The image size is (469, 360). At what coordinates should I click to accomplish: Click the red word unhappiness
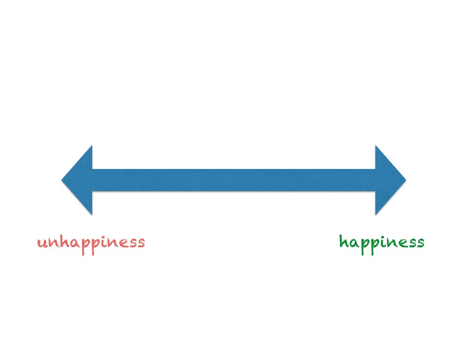[x=91, y=243]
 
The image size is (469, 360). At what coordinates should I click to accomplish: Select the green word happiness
[x=382, y=242]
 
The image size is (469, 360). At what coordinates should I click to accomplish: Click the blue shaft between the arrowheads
[x=234, y=180]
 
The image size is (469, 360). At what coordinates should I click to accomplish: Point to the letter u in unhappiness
[x=42, y=243]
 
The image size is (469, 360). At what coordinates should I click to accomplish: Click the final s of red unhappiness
[x=141, y=243]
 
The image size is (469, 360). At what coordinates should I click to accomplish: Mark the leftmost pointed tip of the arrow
[x=62, y=180]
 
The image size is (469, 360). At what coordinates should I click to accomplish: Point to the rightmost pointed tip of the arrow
[x=406, y=180]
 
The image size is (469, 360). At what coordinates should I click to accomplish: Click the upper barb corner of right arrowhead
[x=376, y=146]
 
